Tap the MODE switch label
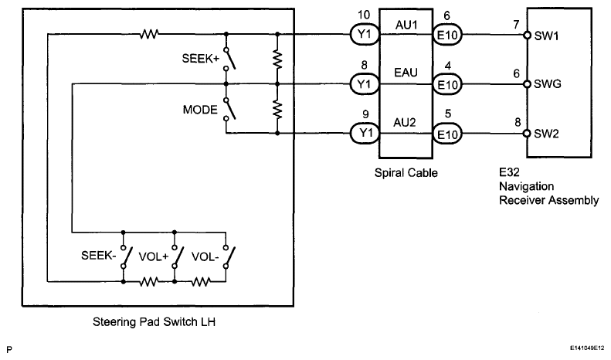coord(199,110)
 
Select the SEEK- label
coord(99,255)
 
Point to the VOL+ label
coord(154,255)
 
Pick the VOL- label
coord(206,255)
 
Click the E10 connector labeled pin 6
coord(446,35)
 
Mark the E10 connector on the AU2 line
coord(446,133)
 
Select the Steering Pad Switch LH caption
coord(159,322)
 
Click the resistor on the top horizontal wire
coord(148,34)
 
